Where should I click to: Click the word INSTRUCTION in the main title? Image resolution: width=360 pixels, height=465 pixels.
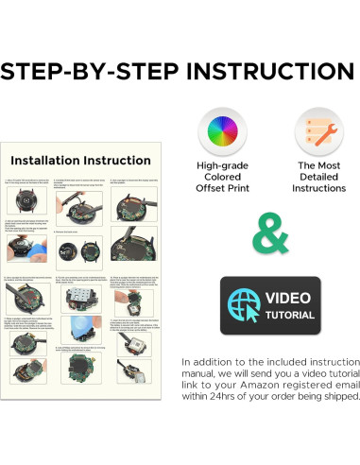tap(271, 72)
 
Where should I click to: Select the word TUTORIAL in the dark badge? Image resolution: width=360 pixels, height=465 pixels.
tap(290, 315)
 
